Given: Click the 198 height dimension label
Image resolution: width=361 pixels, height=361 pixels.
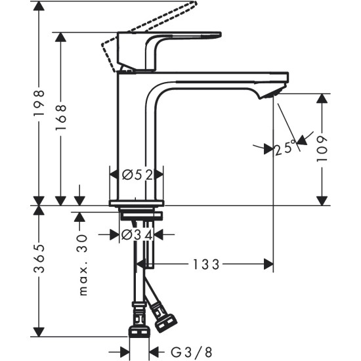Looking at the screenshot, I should click(39, 103).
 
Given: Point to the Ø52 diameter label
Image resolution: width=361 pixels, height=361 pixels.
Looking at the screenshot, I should click(137, 175).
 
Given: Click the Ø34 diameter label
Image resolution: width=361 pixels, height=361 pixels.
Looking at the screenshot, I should click(137, 234).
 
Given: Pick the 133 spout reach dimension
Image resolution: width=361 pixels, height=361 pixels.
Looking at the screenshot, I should click(206, 264).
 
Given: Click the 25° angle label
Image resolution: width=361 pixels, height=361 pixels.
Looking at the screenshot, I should click(284, 149).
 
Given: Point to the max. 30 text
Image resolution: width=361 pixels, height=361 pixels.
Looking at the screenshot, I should click(83, 265).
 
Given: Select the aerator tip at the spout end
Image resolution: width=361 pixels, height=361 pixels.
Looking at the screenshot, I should click(274, 94).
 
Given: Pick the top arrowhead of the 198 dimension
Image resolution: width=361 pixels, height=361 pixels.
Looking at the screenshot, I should click(39, 8).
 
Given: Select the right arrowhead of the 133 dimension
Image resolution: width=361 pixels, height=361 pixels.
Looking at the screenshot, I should click(268, 264).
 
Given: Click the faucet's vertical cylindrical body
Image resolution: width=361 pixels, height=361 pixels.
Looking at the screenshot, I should click(136, 131).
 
